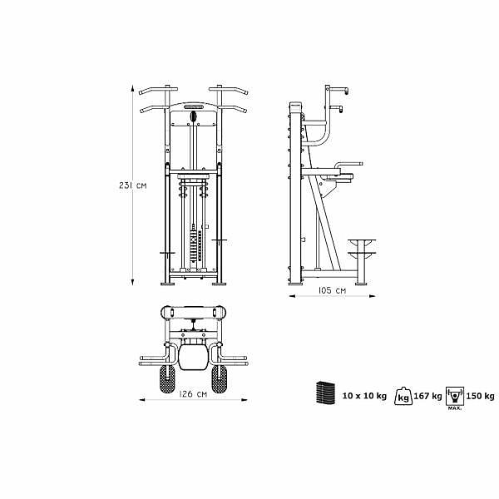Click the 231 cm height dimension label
pos(133,185)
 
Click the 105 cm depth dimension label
pos(332,290)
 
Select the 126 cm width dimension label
pos(193,394)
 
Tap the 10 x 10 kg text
pos(364,396)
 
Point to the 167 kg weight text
pos(427,396)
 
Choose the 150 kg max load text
pos(480,396)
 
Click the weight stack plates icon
pos(324,393)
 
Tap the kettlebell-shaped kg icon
pos(403,396)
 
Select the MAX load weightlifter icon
pos(455,397)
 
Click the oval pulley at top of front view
pos(193,116)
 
